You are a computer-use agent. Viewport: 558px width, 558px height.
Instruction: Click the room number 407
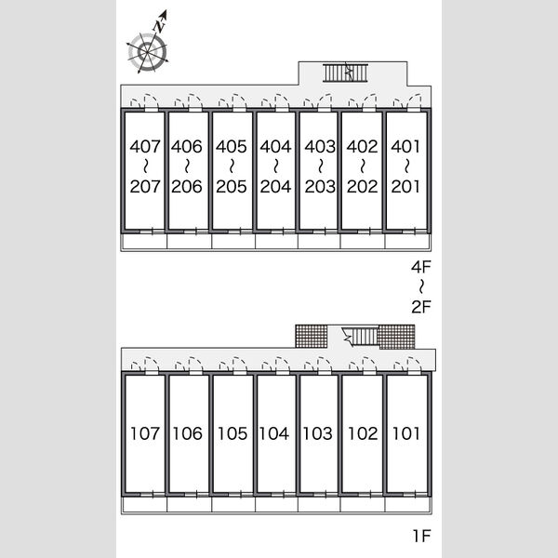click(x=145, y=146)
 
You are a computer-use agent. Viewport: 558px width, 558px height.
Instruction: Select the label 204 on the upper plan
click(x=275, y=187)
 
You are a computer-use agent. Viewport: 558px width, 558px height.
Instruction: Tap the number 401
click(x=405, y=146)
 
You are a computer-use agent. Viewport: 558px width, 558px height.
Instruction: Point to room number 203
click(x=320, y=187)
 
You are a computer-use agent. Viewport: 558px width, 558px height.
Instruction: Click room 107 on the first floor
click(x=144, y=433)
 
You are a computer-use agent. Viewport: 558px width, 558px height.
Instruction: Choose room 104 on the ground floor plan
click(x=273, y=433)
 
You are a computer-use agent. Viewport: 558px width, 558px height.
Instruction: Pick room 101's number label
click(x=406, y=433)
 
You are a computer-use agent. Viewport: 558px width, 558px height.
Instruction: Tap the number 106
click(x=188, y=433)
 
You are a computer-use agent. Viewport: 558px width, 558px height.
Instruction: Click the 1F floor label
click(x=421, y=536)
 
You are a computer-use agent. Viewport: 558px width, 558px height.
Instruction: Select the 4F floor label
click(x=421, y=267)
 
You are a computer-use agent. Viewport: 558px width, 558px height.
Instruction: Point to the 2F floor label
click(x=421, y=307)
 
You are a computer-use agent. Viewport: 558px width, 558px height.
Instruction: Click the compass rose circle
click(x=147, y=52)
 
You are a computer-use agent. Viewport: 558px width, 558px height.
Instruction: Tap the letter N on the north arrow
click(x=160, y=26)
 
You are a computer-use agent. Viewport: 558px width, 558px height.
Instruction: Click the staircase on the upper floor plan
click(x=345, y=73)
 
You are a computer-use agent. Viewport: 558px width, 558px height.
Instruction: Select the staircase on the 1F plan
click(x=359, y=337)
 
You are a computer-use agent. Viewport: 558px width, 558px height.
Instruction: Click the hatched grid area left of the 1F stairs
click(x=312, y=336)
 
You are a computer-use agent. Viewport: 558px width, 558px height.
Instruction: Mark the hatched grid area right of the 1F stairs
click(x=396, y=337)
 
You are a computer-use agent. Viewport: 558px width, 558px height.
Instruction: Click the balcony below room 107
click(x=144, y=505)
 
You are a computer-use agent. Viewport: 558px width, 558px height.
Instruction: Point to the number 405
click(x=231, y=146)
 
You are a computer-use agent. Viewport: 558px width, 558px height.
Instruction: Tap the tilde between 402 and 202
click(x=363, y=166)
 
